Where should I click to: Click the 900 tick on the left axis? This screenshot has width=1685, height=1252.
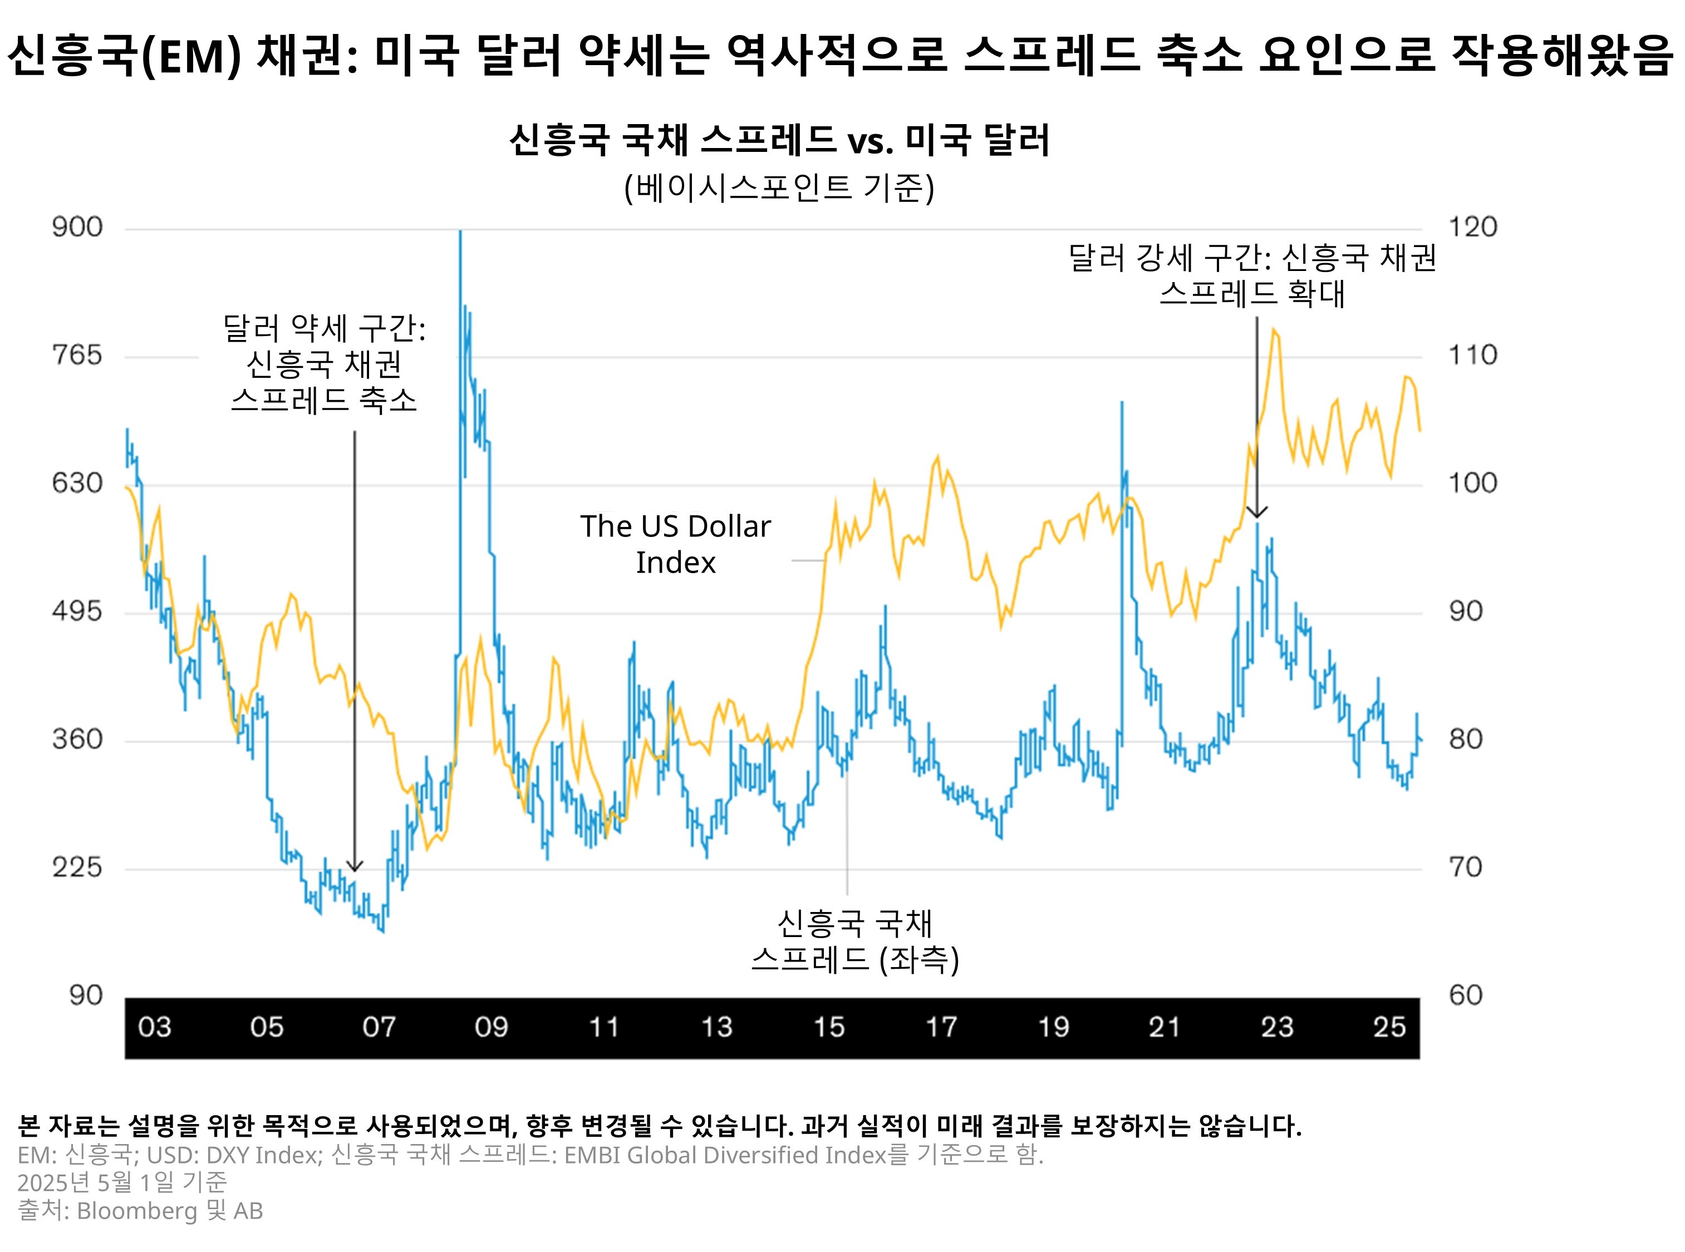click(x=77, y=228)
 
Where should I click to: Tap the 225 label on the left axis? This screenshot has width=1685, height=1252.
click(x=77, y=867)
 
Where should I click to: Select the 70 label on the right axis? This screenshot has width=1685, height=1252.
click(x=1465, y=867)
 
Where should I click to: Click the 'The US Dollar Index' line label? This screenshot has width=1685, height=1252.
click(x=675, y=544)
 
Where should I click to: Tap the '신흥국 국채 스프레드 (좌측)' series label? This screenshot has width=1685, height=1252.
click(x=854, y=942)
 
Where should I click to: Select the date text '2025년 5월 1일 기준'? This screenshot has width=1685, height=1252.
click(x=122, y=1182)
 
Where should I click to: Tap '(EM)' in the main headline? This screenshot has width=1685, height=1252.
click(x=191, y=56)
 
